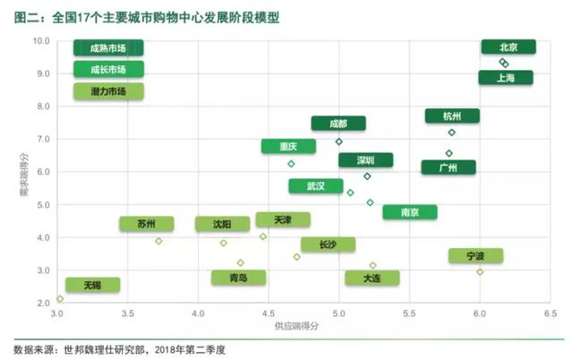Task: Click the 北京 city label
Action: point(508,47)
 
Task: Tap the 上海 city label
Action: point(505,78)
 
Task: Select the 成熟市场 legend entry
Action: point(108,47)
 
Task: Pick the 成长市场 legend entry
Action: point(108,69)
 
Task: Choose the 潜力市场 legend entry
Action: point(108,90)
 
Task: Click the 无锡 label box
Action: point(92,285)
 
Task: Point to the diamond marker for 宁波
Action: point(480,271)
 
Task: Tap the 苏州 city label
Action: point(146,224)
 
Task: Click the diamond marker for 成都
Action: point(338,141)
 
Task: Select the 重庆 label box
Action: point(288,146)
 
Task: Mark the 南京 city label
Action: point(409,212)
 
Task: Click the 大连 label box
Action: point(372,279)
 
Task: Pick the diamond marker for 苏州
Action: point(158,241)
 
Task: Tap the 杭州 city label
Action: point(452,116)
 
